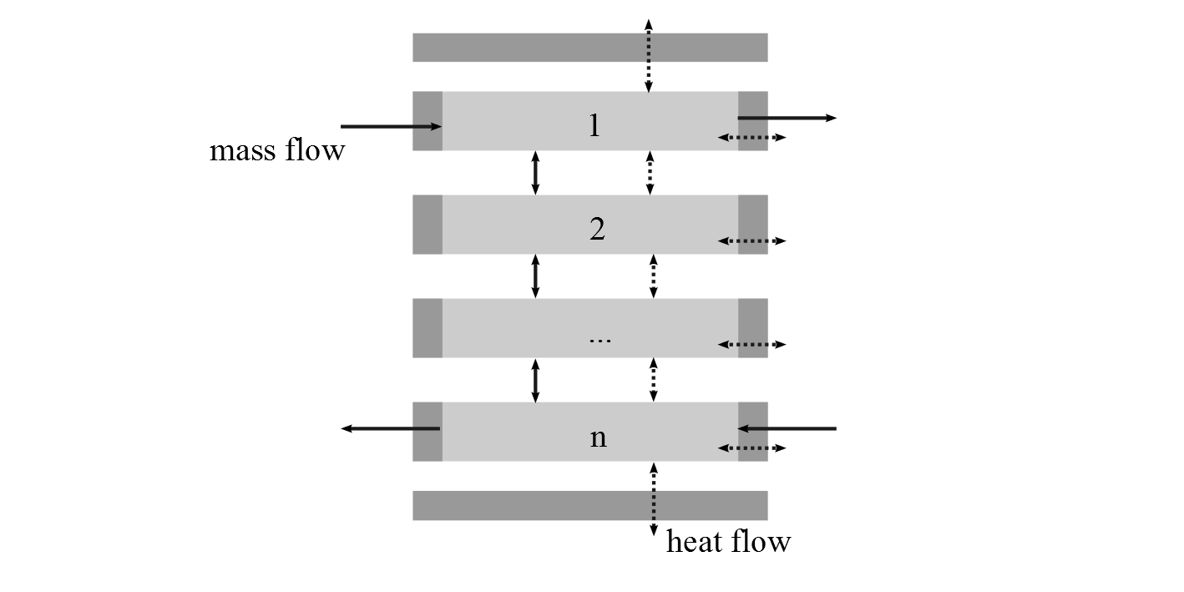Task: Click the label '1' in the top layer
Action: [x=595, y=125]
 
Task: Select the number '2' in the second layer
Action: [x=597, y=229]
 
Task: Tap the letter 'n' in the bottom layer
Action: [x=598, y=437]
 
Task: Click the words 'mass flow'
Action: [x=276, y=150]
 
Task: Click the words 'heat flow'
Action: [x=728, y=542]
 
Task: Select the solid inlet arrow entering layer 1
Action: [x=391, y=127]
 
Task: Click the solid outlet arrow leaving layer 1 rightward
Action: [x=787, y=119]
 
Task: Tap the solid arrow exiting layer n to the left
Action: [x=390, y=428]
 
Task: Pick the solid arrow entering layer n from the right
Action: [x=787, y=428]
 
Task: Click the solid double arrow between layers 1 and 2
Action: [x=535, y=173]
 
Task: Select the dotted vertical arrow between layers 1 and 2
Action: [x=650, y=173]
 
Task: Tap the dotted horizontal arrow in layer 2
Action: [x=751, y=241]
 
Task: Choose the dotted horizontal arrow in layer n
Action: [x=751, y=448]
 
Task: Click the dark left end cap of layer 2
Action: [x=428, y=225]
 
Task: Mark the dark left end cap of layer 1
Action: [x=428, y=121]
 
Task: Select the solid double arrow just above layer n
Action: [x=535, y=380]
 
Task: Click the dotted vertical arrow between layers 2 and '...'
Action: [x=653, y=276]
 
